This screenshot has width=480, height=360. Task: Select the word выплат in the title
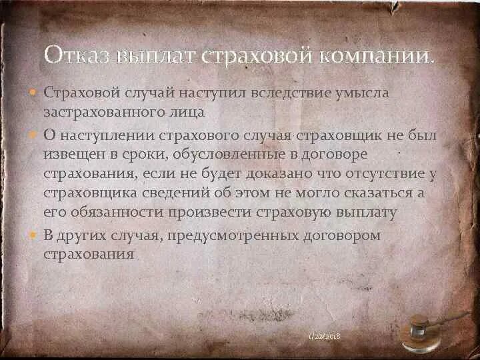[x=146, y=55]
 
